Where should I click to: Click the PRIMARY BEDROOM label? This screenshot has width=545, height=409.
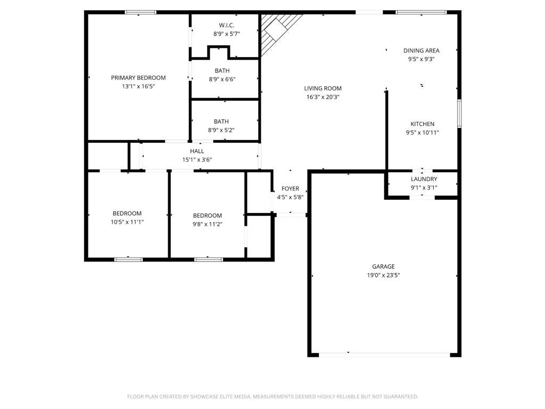pos(138,78)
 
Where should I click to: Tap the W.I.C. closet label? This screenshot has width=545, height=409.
pos(227,25)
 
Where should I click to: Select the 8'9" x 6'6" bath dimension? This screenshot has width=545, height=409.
pos(222,79)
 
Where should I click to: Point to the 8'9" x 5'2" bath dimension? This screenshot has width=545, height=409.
pos(221,130)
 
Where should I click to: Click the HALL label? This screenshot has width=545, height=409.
pos(197,151)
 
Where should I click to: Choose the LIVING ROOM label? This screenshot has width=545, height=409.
pos(323,88)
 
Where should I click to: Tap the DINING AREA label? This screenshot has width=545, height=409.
pos(422,51)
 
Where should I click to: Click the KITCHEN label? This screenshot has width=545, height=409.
pos(422,124)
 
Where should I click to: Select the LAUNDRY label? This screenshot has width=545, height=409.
pos(424,179)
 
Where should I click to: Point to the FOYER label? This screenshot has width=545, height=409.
pos(290,189)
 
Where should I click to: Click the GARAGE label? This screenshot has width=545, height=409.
pos(383,266)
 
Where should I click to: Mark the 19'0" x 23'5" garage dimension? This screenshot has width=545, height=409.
pos(383,275)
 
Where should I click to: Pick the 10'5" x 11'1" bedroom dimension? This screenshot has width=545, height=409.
pos(127,222)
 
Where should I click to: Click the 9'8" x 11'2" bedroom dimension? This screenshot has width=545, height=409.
pos(208,224)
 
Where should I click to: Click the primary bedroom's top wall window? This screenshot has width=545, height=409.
pos(141,13)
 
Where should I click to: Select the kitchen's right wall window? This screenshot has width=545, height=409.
pos(459,113)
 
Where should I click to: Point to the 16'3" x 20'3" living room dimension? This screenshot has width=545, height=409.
pos(323,97)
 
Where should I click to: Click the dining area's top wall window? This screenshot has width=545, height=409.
pos(422,13)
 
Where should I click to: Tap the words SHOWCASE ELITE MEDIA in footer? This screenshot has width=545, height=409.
pos(220,396)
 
